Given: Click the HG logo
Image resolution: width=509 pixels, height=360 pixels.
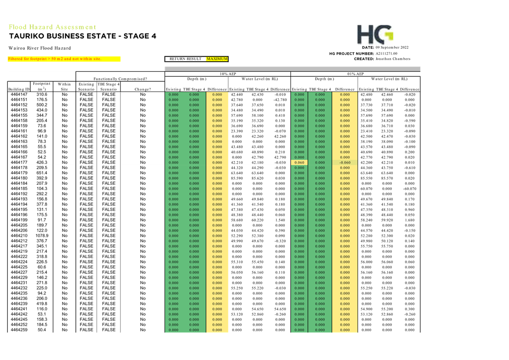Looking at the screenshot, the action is click(x=375, y=34).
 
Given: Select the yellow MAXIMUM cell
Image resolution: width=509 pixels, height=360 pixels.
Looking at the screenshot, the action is click(x=217, y=59).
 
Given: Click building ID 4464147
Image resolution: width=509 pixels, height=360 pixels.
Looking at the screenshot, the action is click(x=19, y=95).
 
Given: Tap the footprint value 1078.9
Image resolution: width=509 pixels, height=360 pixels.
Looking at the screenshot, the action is click(x=42, y=235).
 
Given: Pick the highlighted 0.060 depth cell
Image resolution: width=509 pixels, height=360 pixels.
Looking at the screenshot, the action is click(x=300, y=162).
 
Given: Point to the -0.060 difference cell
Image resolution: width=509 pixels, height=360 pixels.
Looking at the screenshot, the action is click(x=345, y=162).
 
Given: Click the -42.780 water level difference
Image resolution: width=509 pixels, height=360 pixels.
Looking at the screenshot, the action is click(x=279, y=100).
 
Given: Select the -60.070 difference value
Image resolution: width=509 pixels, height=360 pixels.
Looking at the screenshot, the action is click(x=409, y=189).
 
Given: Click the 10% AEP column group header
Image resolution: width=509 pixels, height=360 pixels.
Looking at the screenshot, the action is click(x=228, y=74).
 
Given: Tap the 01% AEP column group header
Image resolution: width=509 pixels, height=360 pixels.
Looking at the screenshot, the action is click(x=356, y=74).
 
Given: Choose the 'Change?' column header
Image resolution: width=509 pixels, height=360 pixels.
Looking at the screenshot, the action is click(x=143, y=89).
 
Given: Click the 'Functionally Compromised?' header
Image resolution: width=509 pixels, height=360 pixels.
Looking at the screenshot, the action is click(x=120, y=79).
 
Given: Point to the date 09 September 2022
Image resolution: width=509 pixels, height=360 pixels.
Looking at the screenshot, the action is click(x=392, y=47).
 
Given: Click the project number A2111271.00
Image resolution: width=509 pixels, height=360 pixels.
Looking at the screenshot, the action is click(x=386, y=54).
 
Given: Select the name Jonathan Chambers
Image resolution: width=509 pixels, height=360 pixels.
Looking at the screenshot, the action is click(x=393, y=59).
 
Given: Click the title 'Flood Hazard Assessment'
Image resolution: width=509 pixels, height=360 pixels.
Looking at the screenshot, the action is click(x=52, y=27).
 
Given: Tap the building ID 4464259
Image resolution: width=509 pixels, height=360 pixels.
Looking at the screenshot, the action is click(x=19, y=330).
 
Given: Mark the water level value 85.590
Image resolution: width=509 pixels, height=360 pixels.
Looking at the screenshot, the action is click(x=237, y=178).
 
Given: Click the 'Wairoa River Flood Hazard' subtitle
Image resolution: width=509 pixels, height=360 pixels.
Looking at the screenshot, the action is click(x=40, y=48).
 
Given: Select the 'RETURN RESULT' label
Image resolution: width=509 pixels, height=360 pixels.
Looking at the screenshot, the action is click(x=185, y=59).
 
